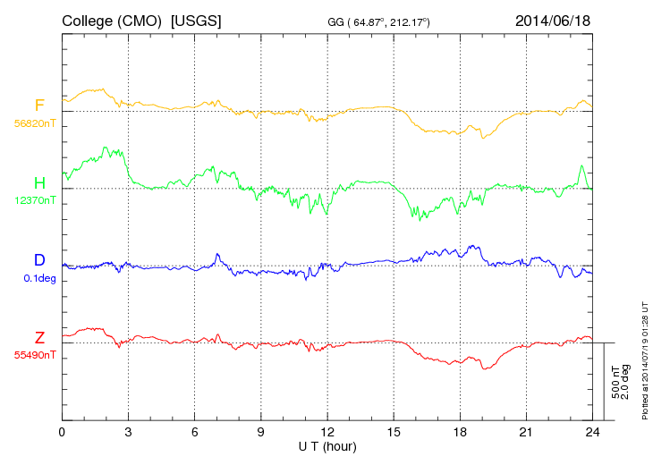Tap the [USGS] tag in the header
(x=197, y=20)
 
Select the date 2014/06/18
(x=553, y=20)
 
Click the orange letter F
(x=39, y=106)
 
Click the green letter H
(x=39, y=182)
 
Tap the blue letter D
(x=39, y=260)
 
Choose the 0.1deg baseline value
(x=39, y=277)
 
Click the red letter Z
(x=39, y=337)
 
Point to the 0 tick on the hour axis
(x=62, y=432)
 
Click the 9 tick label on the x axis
(x=261, y=432)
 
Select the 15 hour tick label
(x=394, y=432)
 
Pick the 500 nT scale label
(x=615, y=382)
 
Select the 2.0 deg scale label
(x=625, y=382)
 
